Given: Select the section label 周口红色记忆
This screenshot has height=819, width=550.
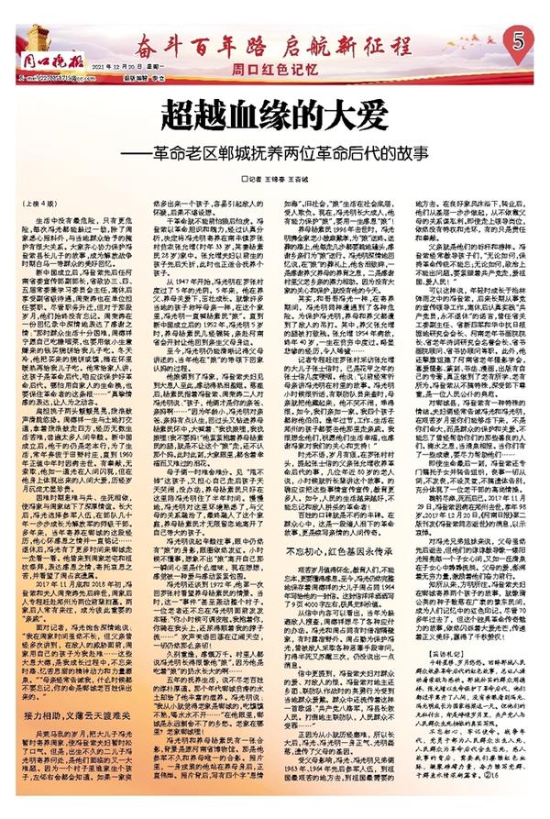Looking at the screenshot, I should (266, 67).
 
